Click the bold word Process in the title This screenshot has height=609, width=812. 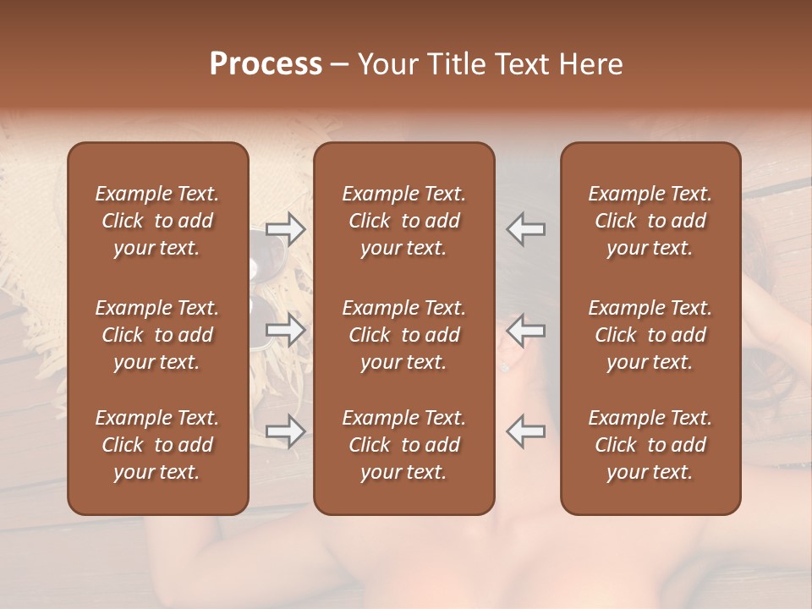point(266,64)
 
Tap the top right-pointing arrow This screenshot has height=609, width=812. point(285,229)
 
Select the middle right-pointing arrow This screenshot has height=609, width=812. point(285,330)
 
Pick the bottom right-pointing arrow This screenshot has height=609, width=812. point(285,431)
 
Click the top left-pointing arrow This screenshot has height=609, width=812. point(525,229)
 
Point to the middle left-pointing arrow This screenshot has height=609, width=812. point(525,330)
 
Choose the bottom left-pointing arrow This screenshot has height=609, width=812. point(525,431)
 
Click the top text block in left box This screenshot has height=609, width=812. point(157,221)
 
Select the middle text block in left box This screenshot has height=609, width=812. point(157,335)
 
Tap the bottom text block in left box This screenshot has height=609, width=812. point(157,445)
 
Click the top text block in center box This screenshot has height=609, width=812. point(403,221)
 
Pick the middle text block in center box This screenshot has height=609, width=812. point(403,335)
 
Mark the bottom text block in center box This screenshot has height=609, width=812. point(403,445)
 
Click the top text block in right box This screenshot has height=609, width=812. point(650,221)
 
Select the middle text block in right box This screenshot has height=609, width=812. point(650,335)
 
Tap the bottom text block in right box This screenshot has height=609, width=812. point(650,445)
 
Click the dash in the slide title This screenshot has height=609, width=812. point(339,65)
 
